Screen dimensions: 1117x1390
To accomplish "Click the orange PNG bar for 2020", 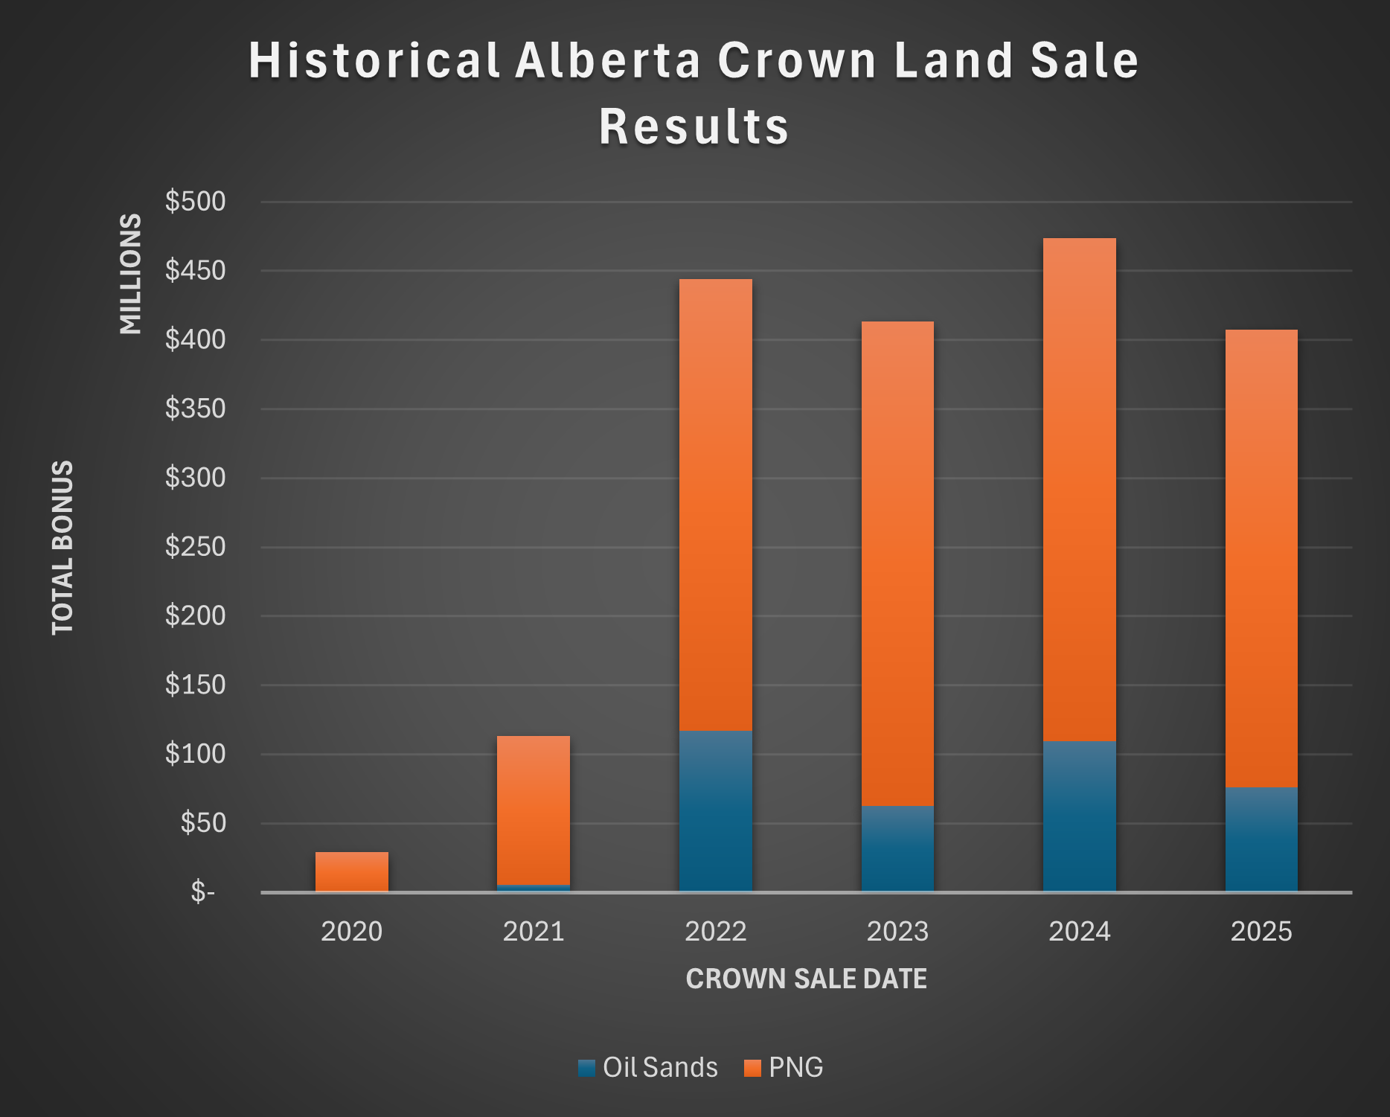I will pyautogui.click(x=351, y=871).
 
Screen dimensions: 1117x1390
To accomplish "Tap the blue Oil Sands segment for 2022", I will pyautogui.click(x=715, y=810).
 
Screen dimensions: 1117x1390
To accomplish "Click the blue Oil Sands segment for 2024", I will pyautogui.click(x=1079, y=816).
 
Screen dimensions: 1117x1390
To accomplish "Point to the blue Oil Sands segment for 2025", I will pyautogui.click(x=1261, y=839).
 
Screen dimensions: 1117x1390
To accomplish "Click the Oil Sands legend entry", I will pyautogui.click(x=647, y=1067).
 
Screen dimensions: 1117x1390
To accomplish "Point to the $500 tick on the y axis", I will pyautogui.click(x=195, y=201).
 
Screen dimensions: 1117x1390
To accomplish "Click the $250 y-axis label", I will pyautogui.click(x=195, y=546).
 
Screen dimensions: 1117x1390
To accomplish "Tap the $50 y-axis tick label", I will pyautogui.click(x=202, y=822).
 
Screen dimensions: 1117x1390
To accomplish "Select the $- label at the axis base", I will pyautogui.click(x=202, y=891).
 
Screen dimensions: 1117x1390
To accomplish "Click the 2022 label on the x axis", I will pyautogui.click(x=715, y=931).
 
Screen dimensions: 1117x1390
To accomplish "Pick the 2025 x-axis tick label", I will pyautogui.click(x=1261, y=931).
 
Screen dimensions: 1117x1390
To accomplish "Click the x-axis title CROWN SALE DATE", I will pyautogui.click(x=806, y=979).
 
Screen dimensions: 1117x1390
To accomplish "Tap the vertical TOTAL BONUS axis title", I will pyautogui.click(x=63, y=547).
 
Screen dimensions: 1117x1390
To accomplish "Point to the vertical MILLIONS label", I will pyautogui.click(x=131, y=273).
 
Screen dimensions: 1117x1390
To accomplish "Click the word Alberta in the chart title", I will pyautogui.click(x=608, y=60).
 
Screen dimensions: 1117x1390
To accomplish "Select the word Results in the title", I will pyautogui.click(x=694, y=126).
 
